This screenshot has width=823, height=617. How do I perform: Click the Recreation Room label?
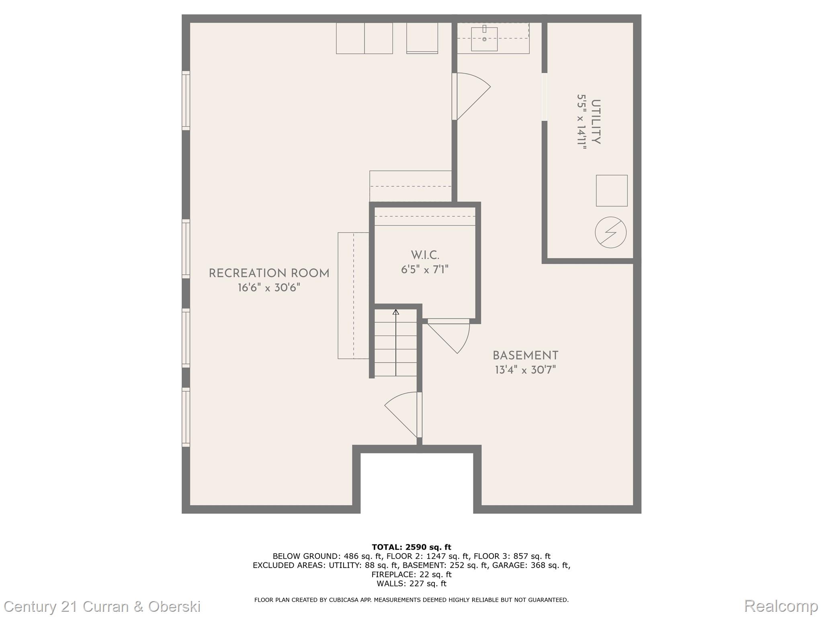tap(269, 274)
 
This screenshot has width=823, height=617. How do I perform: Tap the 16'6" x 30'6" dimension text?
tap(269, 288)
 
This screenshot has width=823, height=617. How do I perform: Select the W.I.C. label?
tap(425, 255)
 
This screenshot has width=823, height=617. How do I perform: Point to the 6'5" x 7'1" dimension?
tap(425, 269)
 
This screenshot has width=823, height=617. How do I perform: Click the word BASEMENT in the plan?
tap(525, 355)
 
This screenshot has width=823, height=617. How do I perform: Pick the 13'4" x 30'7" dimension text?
tap(525, 370)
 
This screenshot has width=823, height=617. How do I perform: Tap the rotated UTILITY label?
tap(596, 122)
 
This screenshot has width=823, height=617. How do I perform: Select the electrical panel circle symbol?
tap(610, 232)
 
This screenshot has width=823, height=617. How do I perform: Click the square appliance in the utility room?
tap(612, 190)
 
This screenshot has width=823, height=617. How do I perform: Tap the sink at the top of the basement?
tap(484, 39)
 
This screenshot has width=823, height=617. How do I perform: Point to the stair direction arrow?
tap(396, 343)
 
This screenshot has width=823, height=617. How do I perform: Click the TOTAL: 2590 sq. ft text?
tap(411, 547)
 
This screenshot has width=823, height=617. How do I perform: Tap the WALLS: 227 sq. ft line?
tap(411, 584)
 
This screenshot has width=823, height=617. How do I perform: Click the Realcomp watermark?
tap(781, 606)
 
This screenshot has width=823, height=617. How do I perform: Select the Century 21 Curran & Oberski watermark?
tap(102, 606)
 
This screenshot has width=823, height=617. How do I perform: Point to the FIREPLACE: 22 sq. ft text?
tap(411, 574)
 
